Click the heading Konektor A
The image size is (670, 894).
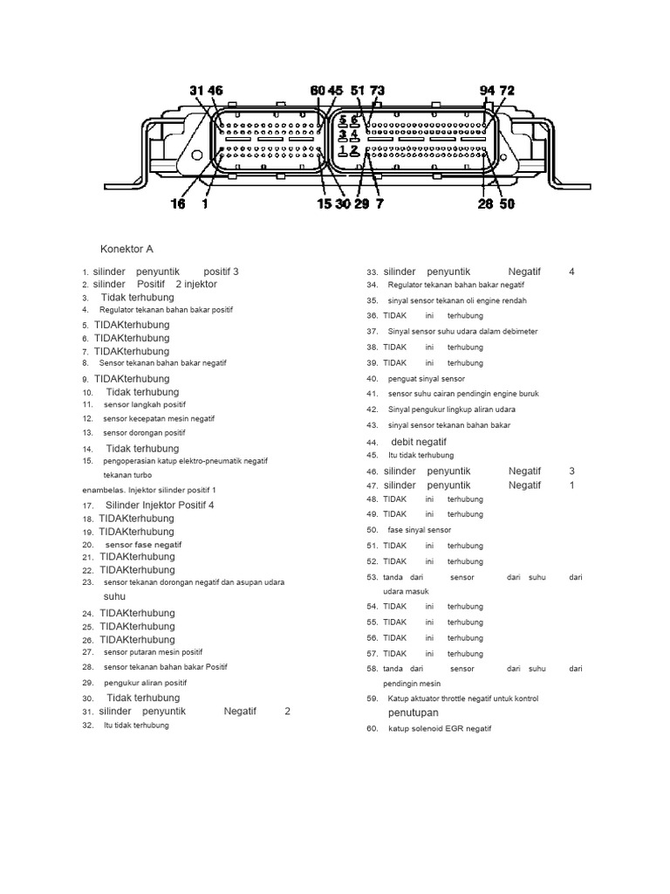pyautogui.click(x=126, y=249)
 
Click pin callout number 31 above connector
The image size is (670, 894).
pyautogui.click(x=197, y=91)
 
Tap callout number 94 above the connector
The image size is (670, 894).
pyautogui.click(x=488, y=91)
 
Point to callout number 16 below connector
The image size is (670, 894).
pyautogui.click(x=178, y=204)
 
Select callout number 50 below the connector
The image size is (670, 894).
pyautogui.click(x=507, y=204)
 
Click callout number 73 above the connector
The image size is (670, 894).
pyautogui.click(x=377, y=91)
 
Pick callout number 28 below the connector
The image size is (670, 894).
pyautogui.click(x=485, y=204)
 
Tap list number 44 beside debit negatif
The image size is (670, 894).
pyautogui.click(x=373, y=443)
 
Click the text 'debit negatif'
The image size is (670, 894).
pyautogui.click(x=419, y=443)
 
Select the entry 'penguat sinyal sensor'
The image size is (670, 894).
pyautogui.click(x=427, y=379)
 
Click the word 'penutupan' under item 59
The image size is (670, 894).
pyautogui.click(x=414, y=713)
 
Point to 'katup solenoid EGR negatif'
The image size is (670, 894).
pyautogui.click(x=440, y=728)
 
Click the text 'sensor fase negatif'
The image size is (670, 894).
pyautogui.click(x=142, y=545)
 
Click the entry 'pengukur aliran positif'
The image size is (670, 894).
pyautogui.click(x=145, y=683)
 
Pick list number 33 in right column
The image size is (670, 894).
pyautogui.click(x=373, y=272)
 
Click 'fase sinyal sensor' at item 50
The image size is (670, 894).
pyautogui.click(x=421, y=530)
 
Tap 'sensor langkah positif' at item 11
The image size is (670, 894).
pyautogui.click(x=144, y=405)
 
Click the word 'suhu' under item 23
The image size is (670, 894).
pyautogui.click(x=115, y=596)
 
